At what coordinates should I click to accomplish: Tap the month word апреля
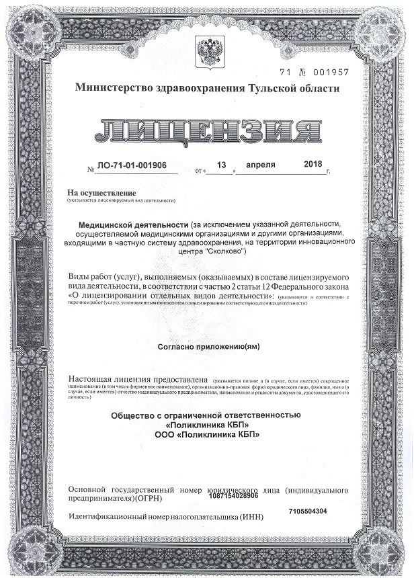click(x=261, y=165)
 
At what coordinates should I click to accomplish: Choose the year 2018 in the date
click(x=313, y=165)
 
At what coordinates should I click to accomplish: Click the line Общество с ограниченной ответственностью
click(x=206, y=415)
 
